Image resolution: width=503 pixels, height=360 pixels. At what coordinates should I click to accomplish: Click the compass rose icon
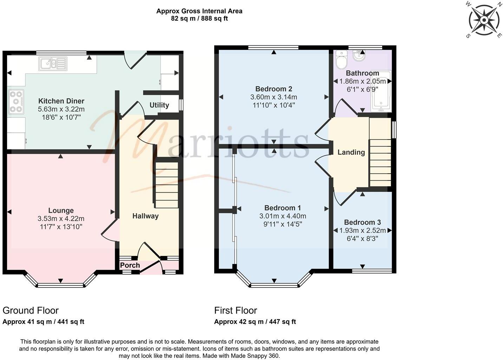tap(484, 20)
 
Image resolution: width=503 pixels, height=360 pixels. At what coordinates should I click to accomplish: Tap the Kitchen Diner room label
tap(61, 101)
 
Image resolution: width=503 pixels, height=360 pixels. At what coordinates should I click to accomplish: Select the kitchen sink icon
tap(53, 64)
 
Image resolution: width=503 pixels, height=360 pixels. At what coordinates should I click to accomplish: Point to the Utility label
tap(159, 105)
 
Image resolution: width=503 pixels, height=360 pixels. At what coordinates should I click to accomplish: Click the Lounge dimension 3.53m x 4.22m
tap(61, 219)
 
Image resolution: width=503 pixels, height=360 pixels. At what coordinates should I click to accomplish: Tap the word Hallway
tap(145, 216)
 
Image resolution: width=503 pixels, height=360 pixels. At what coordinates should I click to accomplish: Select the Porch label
tap(130, 265)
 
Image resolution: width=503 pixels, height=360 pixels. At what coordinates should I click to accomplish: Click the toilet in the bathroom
tap(341, 60)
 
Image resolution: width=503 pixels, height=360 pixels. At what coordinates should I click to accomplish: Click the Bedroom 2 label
tap(274, 89)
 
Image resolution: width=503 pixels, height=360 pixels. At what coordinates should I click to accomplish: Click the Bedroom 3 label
tap(362, 223)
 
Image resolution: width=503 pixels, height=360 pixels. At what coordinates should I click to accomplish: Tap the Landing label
tap(351, 152)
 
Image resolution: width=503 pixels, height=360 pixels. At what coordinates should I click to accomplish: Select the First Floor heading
tap(236, 310)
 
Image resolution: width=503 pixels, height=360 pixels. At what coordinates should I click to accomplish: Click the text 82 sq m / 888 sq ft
tap(199, 19)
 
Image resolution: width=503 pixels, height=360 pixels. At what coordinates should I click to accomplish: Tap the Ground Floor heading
tap(31, 310)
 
